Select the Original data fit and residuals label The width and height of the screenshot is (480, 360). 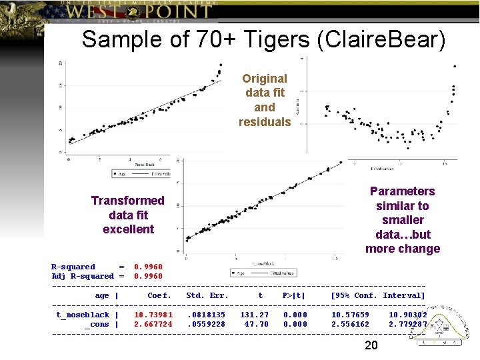(x=265, y=100)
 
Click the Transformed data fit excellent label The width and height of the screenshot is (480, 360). (x=128, y=215)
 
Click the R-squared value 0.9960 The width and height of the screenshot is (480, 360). (x=148, y=267)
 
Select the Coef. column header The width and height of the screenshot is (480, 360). (x=159, y=295)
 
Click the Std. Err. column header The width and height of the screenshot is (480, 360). (x=207, y=295)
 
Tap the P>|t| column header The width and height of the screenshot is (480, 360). (x=294, y=295)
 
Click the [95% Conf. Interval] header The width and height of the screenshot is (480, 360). (x=377, y=295)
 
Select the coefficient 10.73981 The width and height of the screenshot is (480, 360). (x=153, y=315)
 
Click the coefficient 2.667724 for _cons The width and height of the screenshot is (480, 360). (x=153, y=324)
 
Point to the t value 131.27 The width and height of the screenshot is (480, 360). (x=255, y=315)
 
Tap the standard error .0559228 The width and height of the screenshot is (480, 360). (x=206, y=324)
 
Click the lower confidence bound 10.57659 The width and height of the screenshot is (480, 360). (x=350, y=315)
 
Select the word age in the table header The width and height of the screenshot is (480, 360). (x=102, y=295)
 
